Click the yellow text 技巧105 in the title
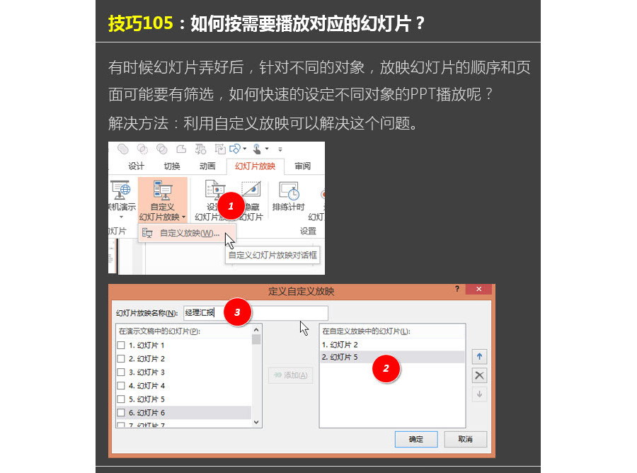click(x=140, y=23)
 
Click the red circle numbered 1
click(x=230, y=205)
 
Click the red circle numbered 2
click(x=386, y=368)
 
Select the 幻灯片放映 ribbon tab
click(x=255, y=166)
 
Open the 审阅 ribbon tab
click(x=302, y=166)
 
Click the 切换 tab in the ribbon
click(x=172, y=166)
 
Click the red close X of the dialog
click(x=479, y=290)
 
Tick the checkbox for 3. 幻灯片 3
click(x=121, y=372)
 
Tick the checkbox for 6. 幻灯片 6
click(x=121, y=413)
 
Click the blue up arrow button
click(x=479, y=357)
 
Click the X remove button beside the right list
click(x=479, y=375)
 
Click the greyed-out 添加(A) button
click(x=290, y=375)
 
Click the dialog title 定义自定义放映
click(x=302, y=291)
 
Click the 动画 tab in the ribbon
click(x=207, y=166)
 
